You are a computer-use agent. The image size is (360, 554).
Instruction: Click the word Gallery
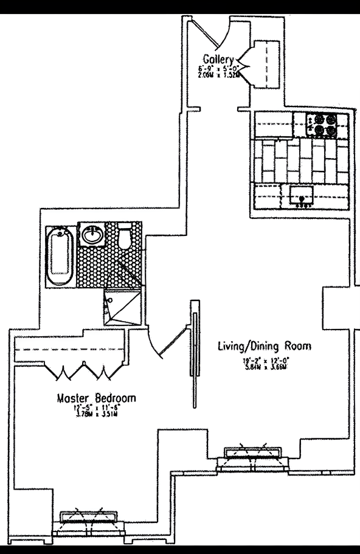point(220,59)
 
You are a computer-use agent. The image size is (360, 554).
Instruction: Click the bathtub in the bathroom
point(61,258)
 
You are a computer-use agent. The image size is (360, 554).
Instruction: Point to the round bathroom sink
point(93,235)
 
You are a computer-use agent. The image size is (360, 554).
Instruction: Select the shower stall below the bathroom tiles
point(123,308)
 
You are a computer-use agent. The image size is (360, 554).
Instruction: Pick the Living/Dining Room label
point(265,347)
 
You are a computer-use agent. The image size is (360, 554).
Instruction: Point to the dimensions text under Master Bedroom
point(95,412)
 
